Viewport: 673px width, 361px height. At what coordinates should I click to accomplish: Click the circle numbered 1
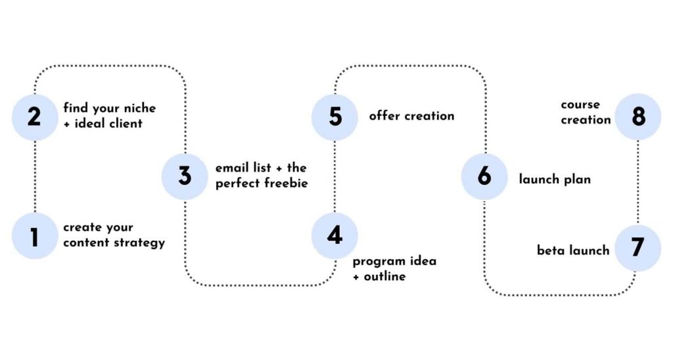pos(35,235)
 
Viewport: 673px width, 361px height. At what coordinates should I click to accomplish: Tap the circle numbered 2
pos(35,117)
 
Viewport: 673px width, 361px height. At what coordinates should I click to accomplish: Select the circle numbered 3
pos(185,176)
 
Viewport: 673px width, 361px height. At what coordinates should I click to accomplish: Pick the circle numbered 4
pos(335,235)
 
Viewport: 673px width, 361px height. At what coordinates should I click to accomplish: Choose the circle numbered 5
pos(335,117)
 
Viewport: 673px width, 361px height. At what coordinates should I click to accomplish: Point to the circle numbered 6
pos(484,176)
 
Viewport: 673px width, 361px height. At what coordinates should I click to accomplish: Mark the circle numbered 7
pos(637,248)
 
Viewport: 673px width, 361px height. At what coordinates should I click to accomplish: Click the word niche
pos(139,108)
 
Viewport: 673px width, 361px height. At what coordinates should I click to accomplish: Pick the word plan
pos(575,179)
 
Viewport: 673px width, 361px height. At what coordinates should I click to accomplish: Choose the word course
pos(580,105)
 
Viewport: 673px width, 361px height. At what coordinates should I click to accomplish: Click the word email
pos(231,168)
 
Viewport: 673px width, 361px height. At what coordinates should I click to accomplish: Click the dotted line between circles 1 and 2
pos(35,176)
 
